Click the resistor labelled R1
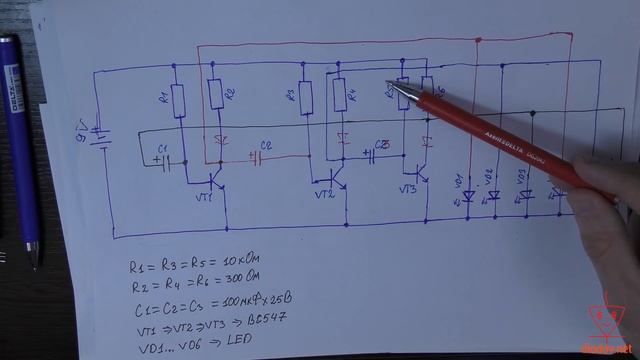tap(178, 100)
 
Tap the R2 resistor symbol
tap(216, 96)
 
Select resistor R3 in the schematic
tap(306, 98)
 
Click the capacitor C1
tap(164, 162)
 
